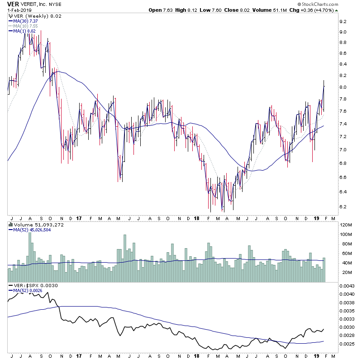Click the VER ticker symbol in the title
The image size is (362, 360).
[14, 5]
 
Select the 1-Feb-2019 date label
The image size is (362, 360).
[18, 11]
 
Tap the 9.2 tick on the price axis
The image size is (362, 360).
[343, 21]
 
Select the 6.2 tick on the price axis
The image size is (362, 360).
[343, 207]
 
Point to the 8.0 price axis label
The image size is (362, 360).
[343, 87]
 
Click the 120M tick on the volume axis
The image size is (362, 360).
[345, 225]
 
